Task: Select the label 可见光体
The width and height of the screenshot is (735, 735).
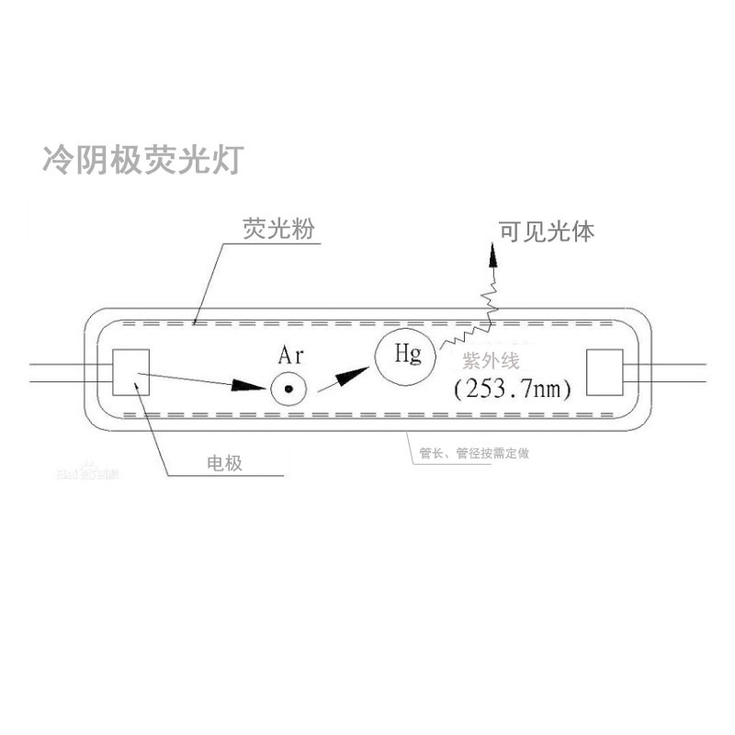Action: (x=546, y=231)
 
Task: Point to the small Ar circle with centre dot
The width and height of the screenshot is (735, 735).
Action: (x=288, y=390)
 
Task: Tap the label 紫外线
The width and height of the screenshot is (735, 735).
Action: (x=492, y=363)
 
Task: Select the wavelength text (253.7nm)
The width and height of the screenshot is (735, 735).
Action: (x=514, y=389)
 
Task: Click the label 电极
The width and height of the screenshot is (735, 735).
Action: (x=224, y=463)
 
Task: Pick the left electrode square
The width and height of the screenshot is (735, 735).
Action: (x=130, y=372)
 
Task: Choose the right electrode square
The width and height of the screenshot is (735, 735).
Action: (x=605, y=372)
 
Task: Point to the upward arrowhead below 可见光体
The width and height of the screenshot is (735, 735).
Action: (x=492, y=255)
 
